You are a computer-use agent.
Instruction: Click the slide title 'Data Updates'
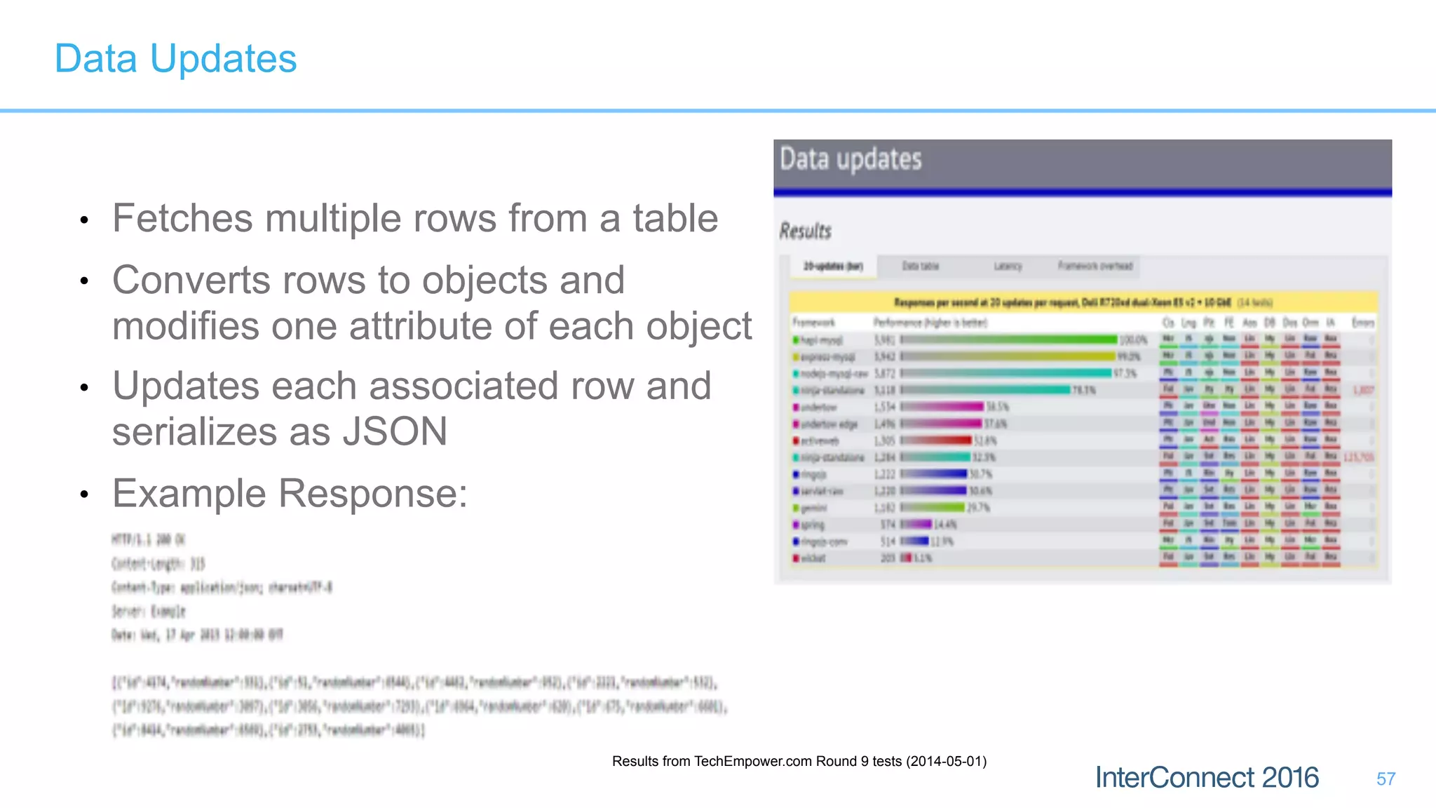coord(175,58)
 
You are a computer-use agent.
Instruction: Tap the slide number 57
coord(1386,779)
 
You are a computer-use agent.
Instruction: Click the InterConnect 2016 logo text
coord(1207,778)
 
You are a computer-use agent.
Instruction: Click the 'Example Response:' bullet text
coord(290,493)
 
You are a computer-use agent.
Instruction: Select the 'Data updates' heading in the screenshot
coord(851,160)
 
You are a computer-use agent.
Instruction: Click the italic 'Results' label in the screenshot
coord(806,231)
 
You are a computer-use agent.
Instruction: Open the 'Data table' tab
coord(920,267)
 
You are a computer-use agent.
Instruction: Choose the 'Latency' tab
coord(1008,267)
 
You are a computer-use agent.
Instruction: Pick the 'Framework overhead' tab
coord(1095,267)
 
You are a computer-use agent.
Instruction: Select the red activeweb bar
coord(936,440)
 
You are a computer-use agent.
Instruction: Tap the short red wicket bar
coord(906,558)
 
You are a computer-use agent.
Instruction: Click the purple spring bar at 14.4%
coord(916,525)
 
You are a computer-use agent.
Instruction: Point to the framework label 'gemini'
coord(814,508)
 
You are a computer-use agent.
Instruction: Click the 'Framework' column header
coord(813,323)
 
